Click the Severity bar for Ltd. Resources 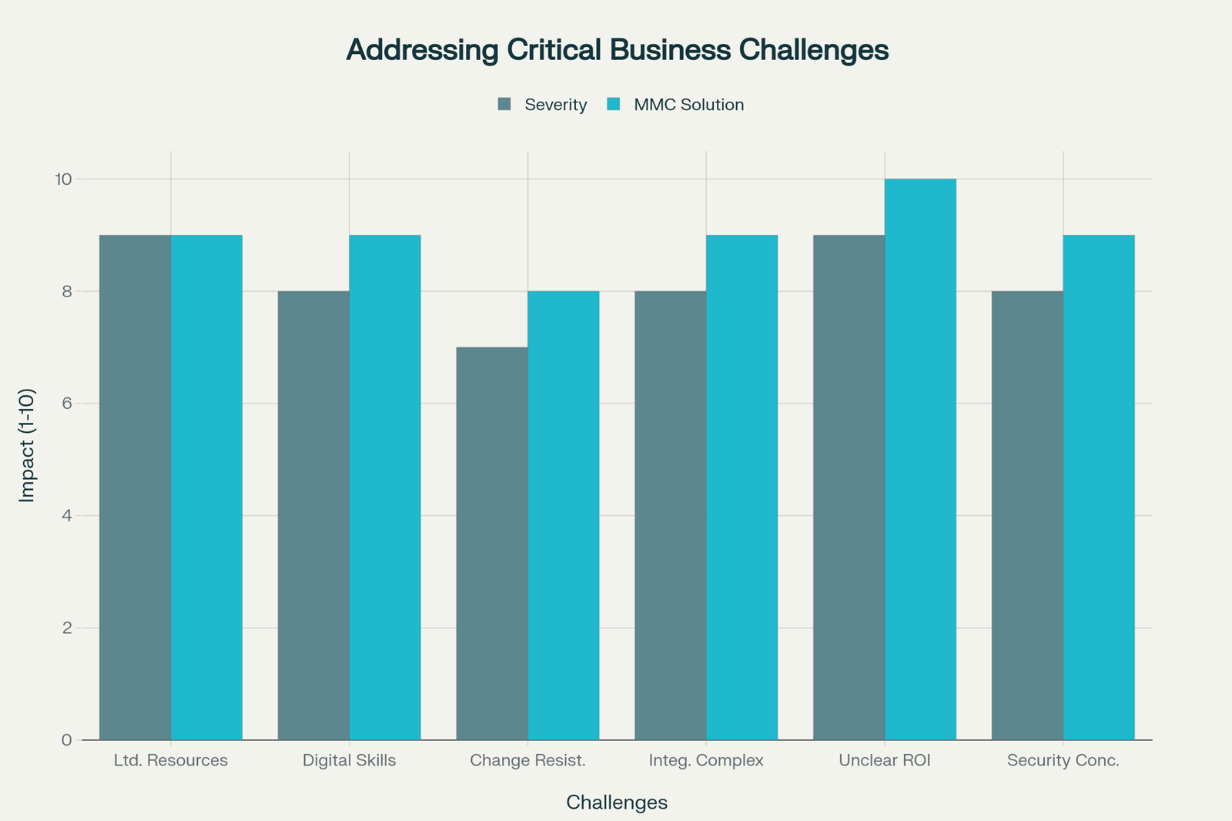[x=135, y=487]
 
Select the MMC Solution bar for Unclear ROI [x=920, y=459]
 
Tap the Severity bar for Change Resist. [x=492, y=543]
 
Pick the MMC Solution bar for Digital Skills [x=385, y=487]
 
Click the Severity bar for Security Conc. [x=1027, y=514]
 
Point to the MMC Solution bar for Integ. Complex [x=742, y=487]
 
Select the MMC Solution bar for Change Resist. [x=563, y=514]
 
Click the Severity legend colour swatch [x=504, y=104]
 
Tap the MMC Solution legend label [x=688, y=105]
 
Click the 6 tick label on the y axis [x=67, y=404]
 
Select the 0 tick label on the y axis [x=67, y=740]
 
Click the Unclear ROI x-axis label [x=885, y=761]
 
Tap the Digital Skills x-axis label [x=349, y=761]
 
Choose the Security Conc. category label [x=1063, y=761]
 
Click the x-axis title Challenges [x=616, y=803]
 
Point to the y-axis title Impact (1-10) [x=27, y=445]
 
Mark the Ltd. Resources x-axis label [x=171, y=761]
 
